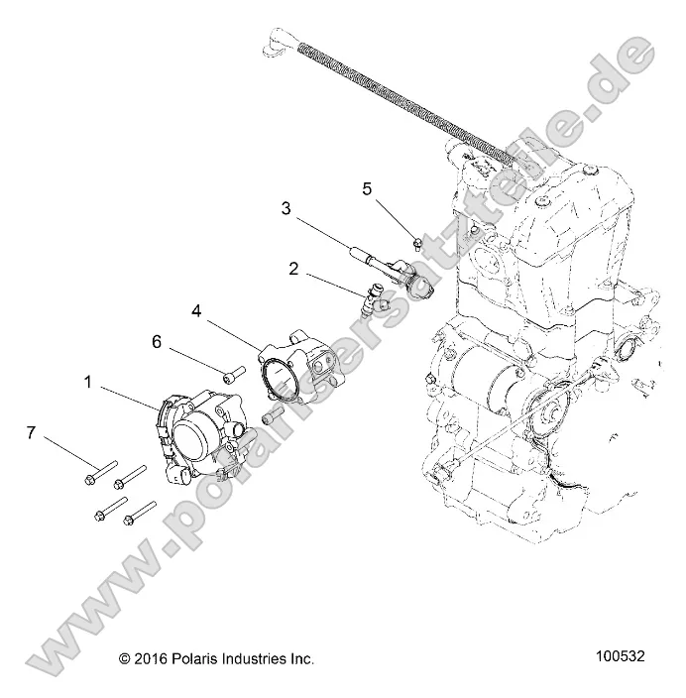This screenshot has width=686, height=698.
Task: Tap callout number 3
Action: point(286,208)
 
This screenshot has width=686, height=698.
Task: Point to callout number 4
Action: point(196,310)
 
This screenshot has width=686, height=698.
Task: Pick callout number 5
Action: point(366,187)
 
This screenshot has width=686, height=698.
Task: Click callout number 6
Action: point(156,341)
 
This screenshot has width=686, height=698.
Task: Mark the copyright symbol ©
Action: point(125,657)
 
